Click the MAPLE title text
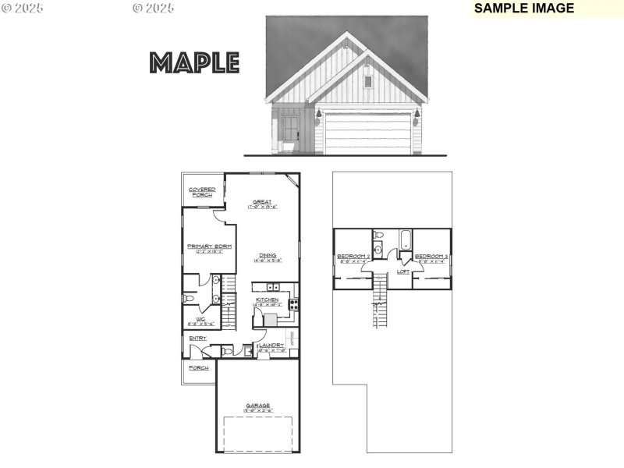click(x=194, y=62)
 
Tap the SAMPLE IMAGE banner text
click(x=523, y=9)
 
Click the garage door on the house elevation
click(x=368, y=133)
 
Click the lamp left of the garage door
click(x=318, y=114)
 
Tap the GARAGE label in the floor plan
click(x=257, y=406)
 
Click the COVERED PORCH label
click(x=202, y=192)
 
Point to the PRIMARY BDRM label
click(x=209, y=247)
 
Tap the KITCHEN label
click(x=268, y=300)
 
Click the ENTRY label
click(x=197, y=338)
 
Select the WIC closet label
click(x=200, y=319)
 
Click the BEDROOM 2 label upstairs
click(x=353, y=257)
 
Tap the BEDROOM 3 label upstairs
click(x=431, y=257)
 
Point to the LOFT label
click(x=403, y=271)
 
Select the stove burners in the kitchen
click(x=294, y=304)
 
